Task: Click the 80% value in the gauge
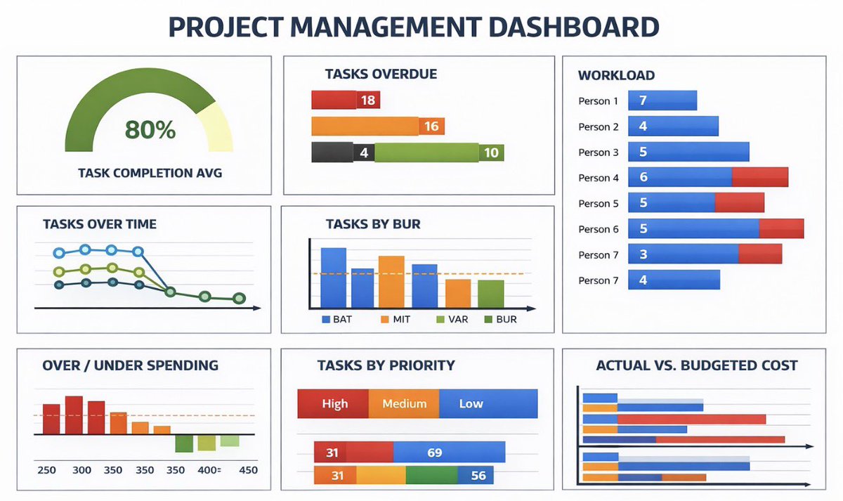pos(150,130)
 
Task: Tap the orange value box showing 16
pos(431,126)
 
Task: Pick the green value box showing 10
pos(491,152)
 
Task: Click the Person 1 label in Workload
pos(599,101)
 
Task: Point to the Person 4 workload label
pos(599,178)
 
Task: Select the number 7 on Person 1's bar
pos(643,100)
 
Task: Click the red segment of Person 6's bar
pos(781,229)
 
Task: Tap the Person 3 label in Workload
pos(599,152)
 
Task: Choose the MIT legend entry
pos(398,319)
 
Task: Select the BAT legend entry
pos(337,319)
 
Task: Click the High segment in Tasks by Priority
pos(334,404)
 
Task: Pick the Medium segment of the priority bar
pos(404,404)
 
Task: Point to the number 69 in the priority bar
pos(435,453)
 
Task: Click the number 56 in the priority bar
pos(478,476)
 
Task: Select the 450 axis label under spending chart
pos(249,470)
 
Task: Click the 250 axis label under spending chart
pos(47,470)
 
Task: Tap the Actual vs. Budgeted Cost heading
pos(696,365)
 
